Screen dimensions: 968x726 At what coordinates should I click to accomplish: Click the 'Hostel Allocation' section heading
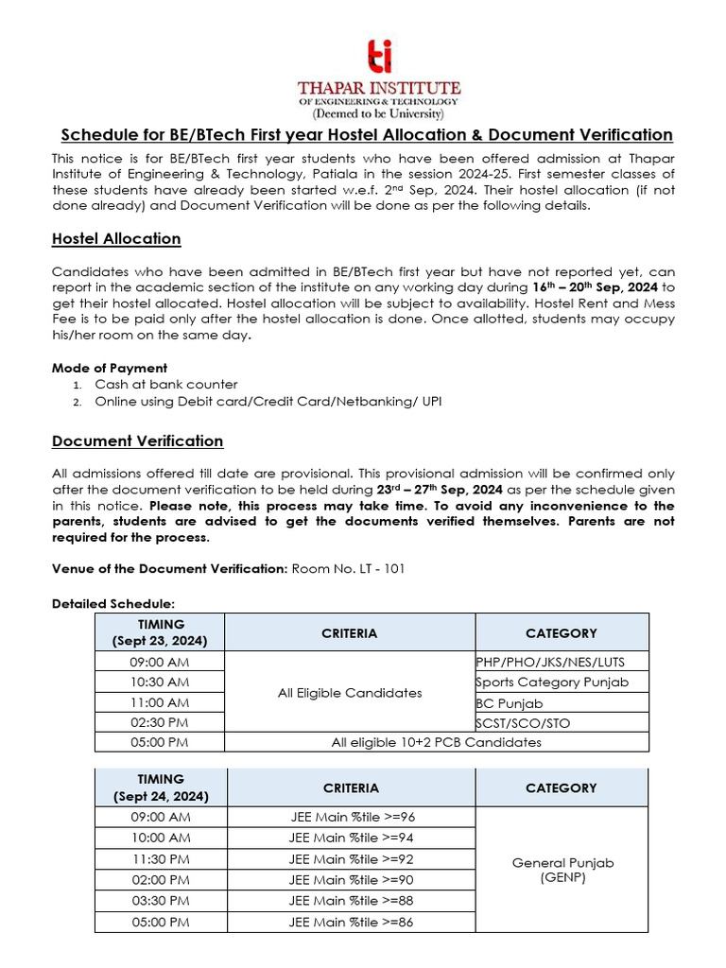click(x=116, y=238)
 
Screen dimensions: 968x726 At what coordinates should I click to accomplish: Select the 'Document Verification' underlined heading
click(x=138, y=441)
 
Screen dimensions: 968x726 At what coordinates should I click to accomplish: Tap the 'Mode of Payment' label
click(x=110, y=368)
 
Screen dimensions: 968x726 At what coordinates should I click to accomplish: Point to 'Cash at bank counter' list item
click(x=165, y=385)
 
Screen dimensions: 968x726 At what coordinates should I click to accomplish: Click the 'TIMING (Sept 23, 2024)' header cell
click(x=161, y=632)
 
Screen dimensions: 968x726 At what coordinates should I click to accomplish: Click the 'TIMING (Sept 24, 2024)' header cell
click(x=161, y=788)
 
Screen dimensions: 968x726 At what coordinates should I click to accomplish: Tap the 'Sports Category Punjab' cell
click(x=551, y=683)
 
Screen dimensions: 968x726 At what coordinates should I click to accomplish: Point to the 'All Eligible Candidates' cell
click(x=350, y=693)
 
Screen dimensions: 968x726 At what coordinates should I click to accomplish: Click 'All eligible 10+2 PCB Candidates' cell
click(x=436, y=743)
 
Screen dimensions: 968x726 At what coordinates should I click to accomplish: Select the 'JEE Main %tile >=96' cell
click(x=351, y=817)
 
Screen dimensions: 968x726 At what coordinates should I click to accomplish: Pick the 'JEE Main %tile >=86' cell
click(x=351, y=923)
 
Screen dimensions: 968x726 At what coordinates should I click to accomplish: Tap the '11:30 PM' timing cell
click(x=161, y=859)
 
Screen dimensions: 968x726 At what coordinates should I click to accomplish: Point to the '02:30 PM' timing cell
click(x=161, y=723)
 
